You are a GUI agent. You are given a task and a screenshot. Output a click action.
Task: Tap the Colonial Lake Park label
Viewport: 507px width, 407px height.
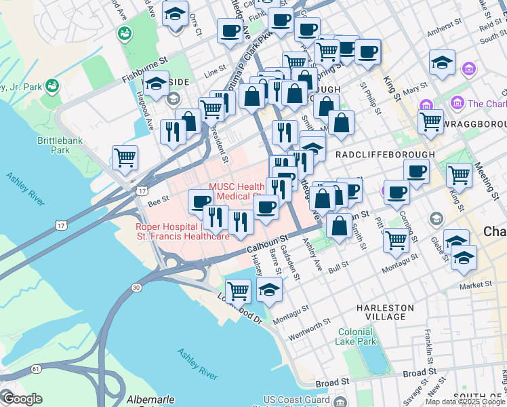coord(357,336)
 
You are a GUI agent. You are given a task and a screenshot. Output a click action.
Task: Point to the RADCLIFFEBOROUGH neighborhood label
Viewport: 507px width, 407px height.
coord(385,154)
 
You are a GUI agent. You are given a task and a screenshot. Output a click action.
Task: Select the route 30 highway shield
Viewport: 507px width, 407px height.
coord(136,288)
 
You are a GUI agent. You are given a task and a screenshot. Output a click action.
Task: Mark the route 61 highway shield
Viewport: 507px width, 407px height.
coord(35,369)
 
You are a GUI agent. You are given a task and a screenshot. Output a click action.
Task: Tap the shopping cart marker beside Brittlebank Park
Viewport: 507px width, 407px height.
coord(125,157)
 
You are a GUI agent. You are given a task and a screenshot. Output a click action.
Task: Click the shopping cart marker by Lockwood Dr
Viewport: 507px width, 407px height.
coord(238,290)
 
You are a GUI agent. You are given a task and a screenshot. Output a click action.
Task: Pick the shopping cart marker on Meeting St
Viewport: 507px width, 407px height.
coord(459,174)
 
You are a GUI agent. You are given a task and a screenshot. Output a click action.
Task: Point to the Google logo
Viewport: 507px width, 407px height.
coord(22,399)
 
